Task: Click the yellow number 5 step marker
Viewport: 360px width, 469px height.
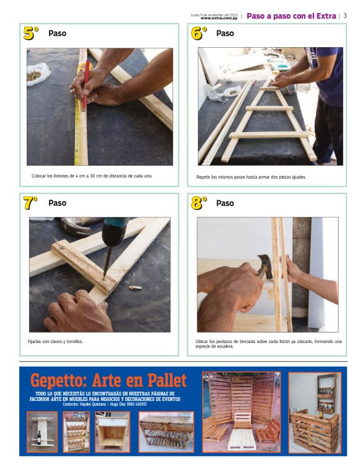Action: [30, 33]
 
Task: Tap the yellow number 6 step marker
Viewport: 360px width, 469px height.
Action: [199, 33]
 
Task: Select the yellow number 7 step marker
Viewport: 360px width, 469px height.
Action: [30, 202]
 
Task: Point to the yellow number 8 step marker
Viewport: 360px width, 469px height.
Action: [199, 202]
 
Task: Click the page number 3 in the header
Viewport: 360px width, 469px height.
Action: [345, 16]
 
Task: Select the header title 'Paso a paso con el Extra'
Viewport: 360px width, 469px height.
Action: [290, 16]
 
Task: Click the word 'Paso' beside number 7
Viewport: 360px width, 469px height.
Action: [57, 203]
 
